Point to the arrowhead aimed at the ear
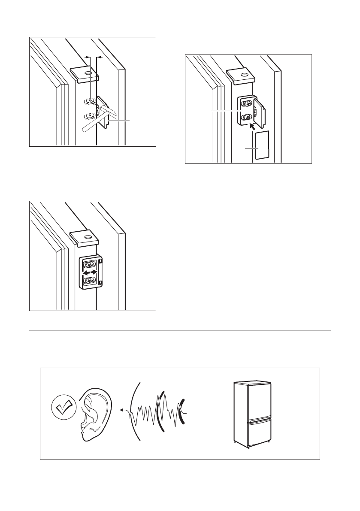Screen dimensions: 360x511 [122, 411]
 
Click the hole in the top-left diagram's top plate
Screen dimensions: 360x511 [88, 73]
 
